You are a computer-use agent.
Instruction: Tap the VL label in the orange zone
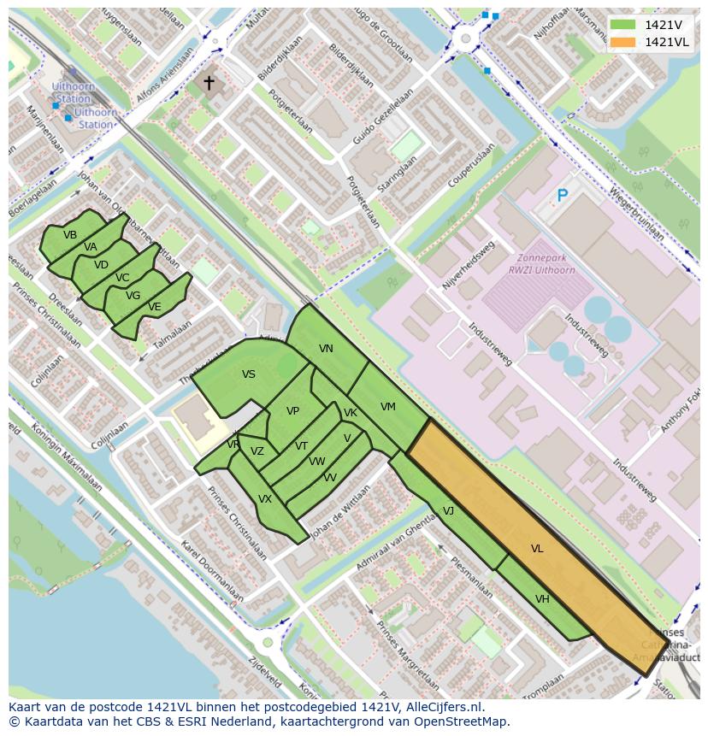[537, 549]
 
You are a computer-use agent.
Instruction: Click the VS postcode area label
[248, 374]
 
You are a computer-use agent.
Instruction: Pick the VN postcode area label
[326, 349]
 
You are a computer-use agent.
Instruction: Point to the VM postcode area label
[388, 407]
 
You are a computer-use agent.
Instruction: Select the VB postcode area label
[70, 235]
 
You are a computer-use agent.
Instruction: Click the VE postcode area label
[154, 307]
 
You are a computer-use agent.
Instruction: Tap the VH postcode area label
[542, 599]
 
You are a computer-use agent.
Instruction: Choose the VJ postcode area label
[448, 511]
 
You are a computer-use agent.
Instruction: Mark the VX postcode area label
[265, 499]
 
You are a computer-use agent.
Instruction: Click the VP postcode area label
[292, 411]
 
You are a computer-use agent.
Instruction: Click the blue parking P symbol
[562, 197]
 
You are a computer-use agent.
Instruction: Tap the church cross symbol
[208, 83]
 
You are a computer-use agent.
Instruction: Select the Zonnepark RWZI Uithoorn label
[540, 264]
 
